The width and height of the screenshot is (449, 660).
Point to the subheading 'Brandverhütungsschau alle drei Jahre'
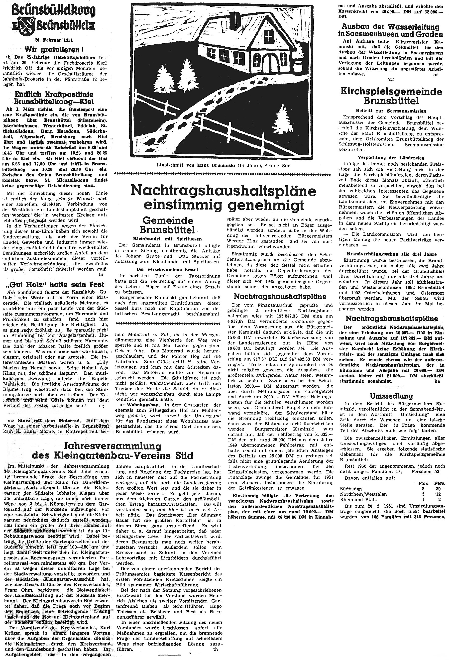(392, 254)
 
